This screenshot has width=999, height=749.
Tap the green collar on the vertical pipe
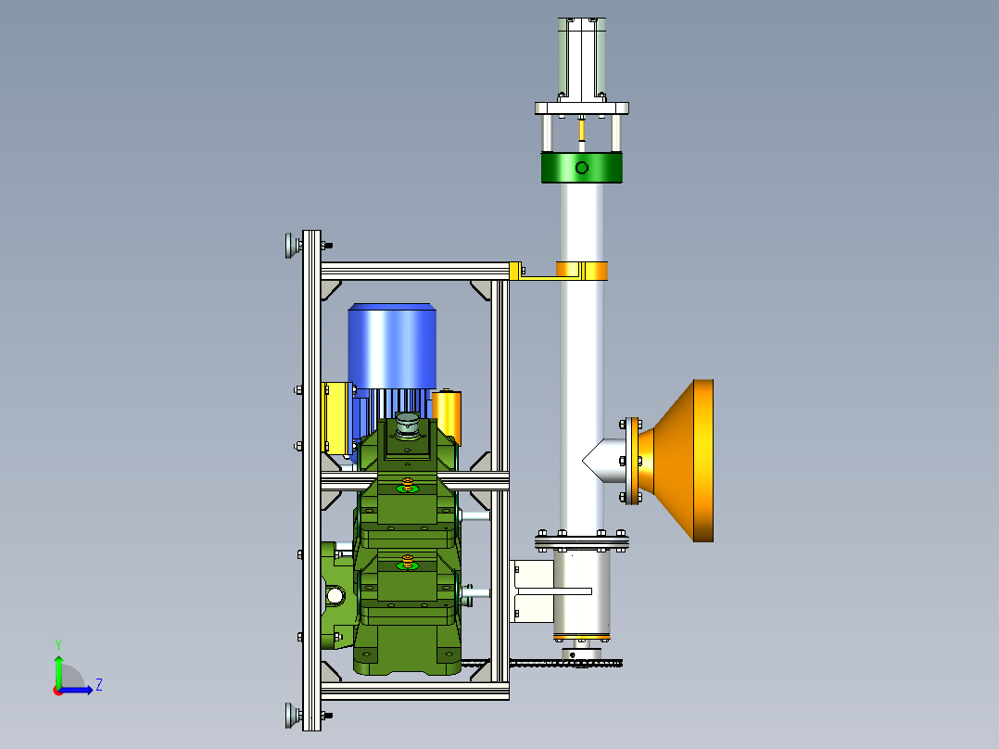click(582, 168)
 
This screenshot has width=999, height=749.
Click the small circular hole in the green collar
click(582, 168)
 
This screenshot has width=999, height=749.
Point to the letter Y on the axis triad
click(58, 645)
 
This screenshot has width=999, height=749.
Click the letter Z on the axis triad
click(99, 685)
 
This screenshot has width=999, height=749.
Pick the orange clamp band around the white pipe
click(582, 271)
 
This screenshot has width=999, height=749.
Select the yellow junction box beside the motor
click(337, 417)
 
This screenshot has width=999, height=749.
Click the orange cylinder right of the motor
click(447, 417)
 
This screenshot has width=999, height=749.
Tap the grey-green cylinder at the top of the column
click(582, 58)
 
